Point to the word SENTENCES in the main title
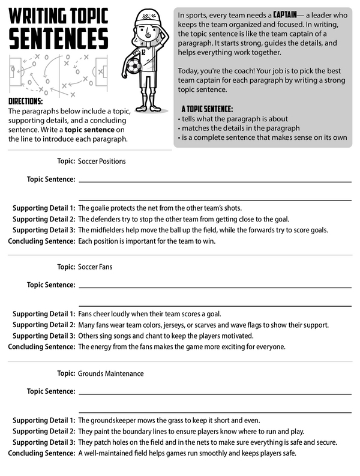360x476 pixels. [x=58, y=38]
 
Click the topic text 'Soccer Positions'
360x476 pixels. [x=101, y=161]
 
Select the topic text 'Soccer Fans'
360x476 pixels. [x=95, y=267]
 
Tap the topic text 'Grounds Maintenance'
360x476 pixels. [x=110, y=373]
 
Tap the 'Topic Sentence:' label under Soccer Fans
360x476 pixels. [x=51, y=285]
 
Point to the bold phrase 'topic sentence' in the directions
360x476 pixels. [x=88, y=130]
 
